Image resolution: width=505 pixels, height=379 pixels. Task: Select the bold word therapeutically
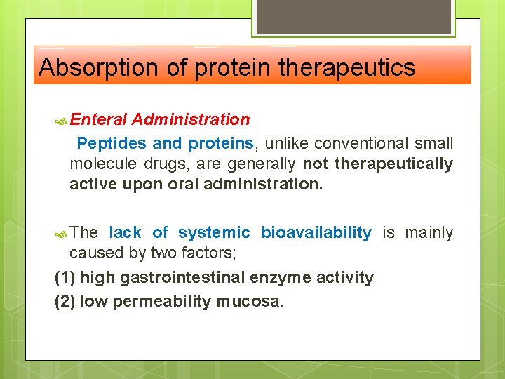click(394, 164)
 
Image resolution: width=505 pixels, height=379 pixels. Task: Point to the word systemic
click(214, 232)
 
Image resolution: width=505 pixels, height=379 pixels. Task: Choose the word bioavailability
click(316, 232)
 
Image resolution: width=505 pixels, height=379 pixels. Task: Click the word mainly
click(427, 232)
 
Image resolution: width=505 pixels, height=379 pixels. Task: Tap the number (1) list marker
click(65, 278)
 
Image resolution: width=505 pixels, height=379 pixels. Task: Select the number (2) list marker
click(65, 302)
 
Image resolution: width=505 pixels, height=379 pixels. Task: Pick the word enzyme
click(275, 278)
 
